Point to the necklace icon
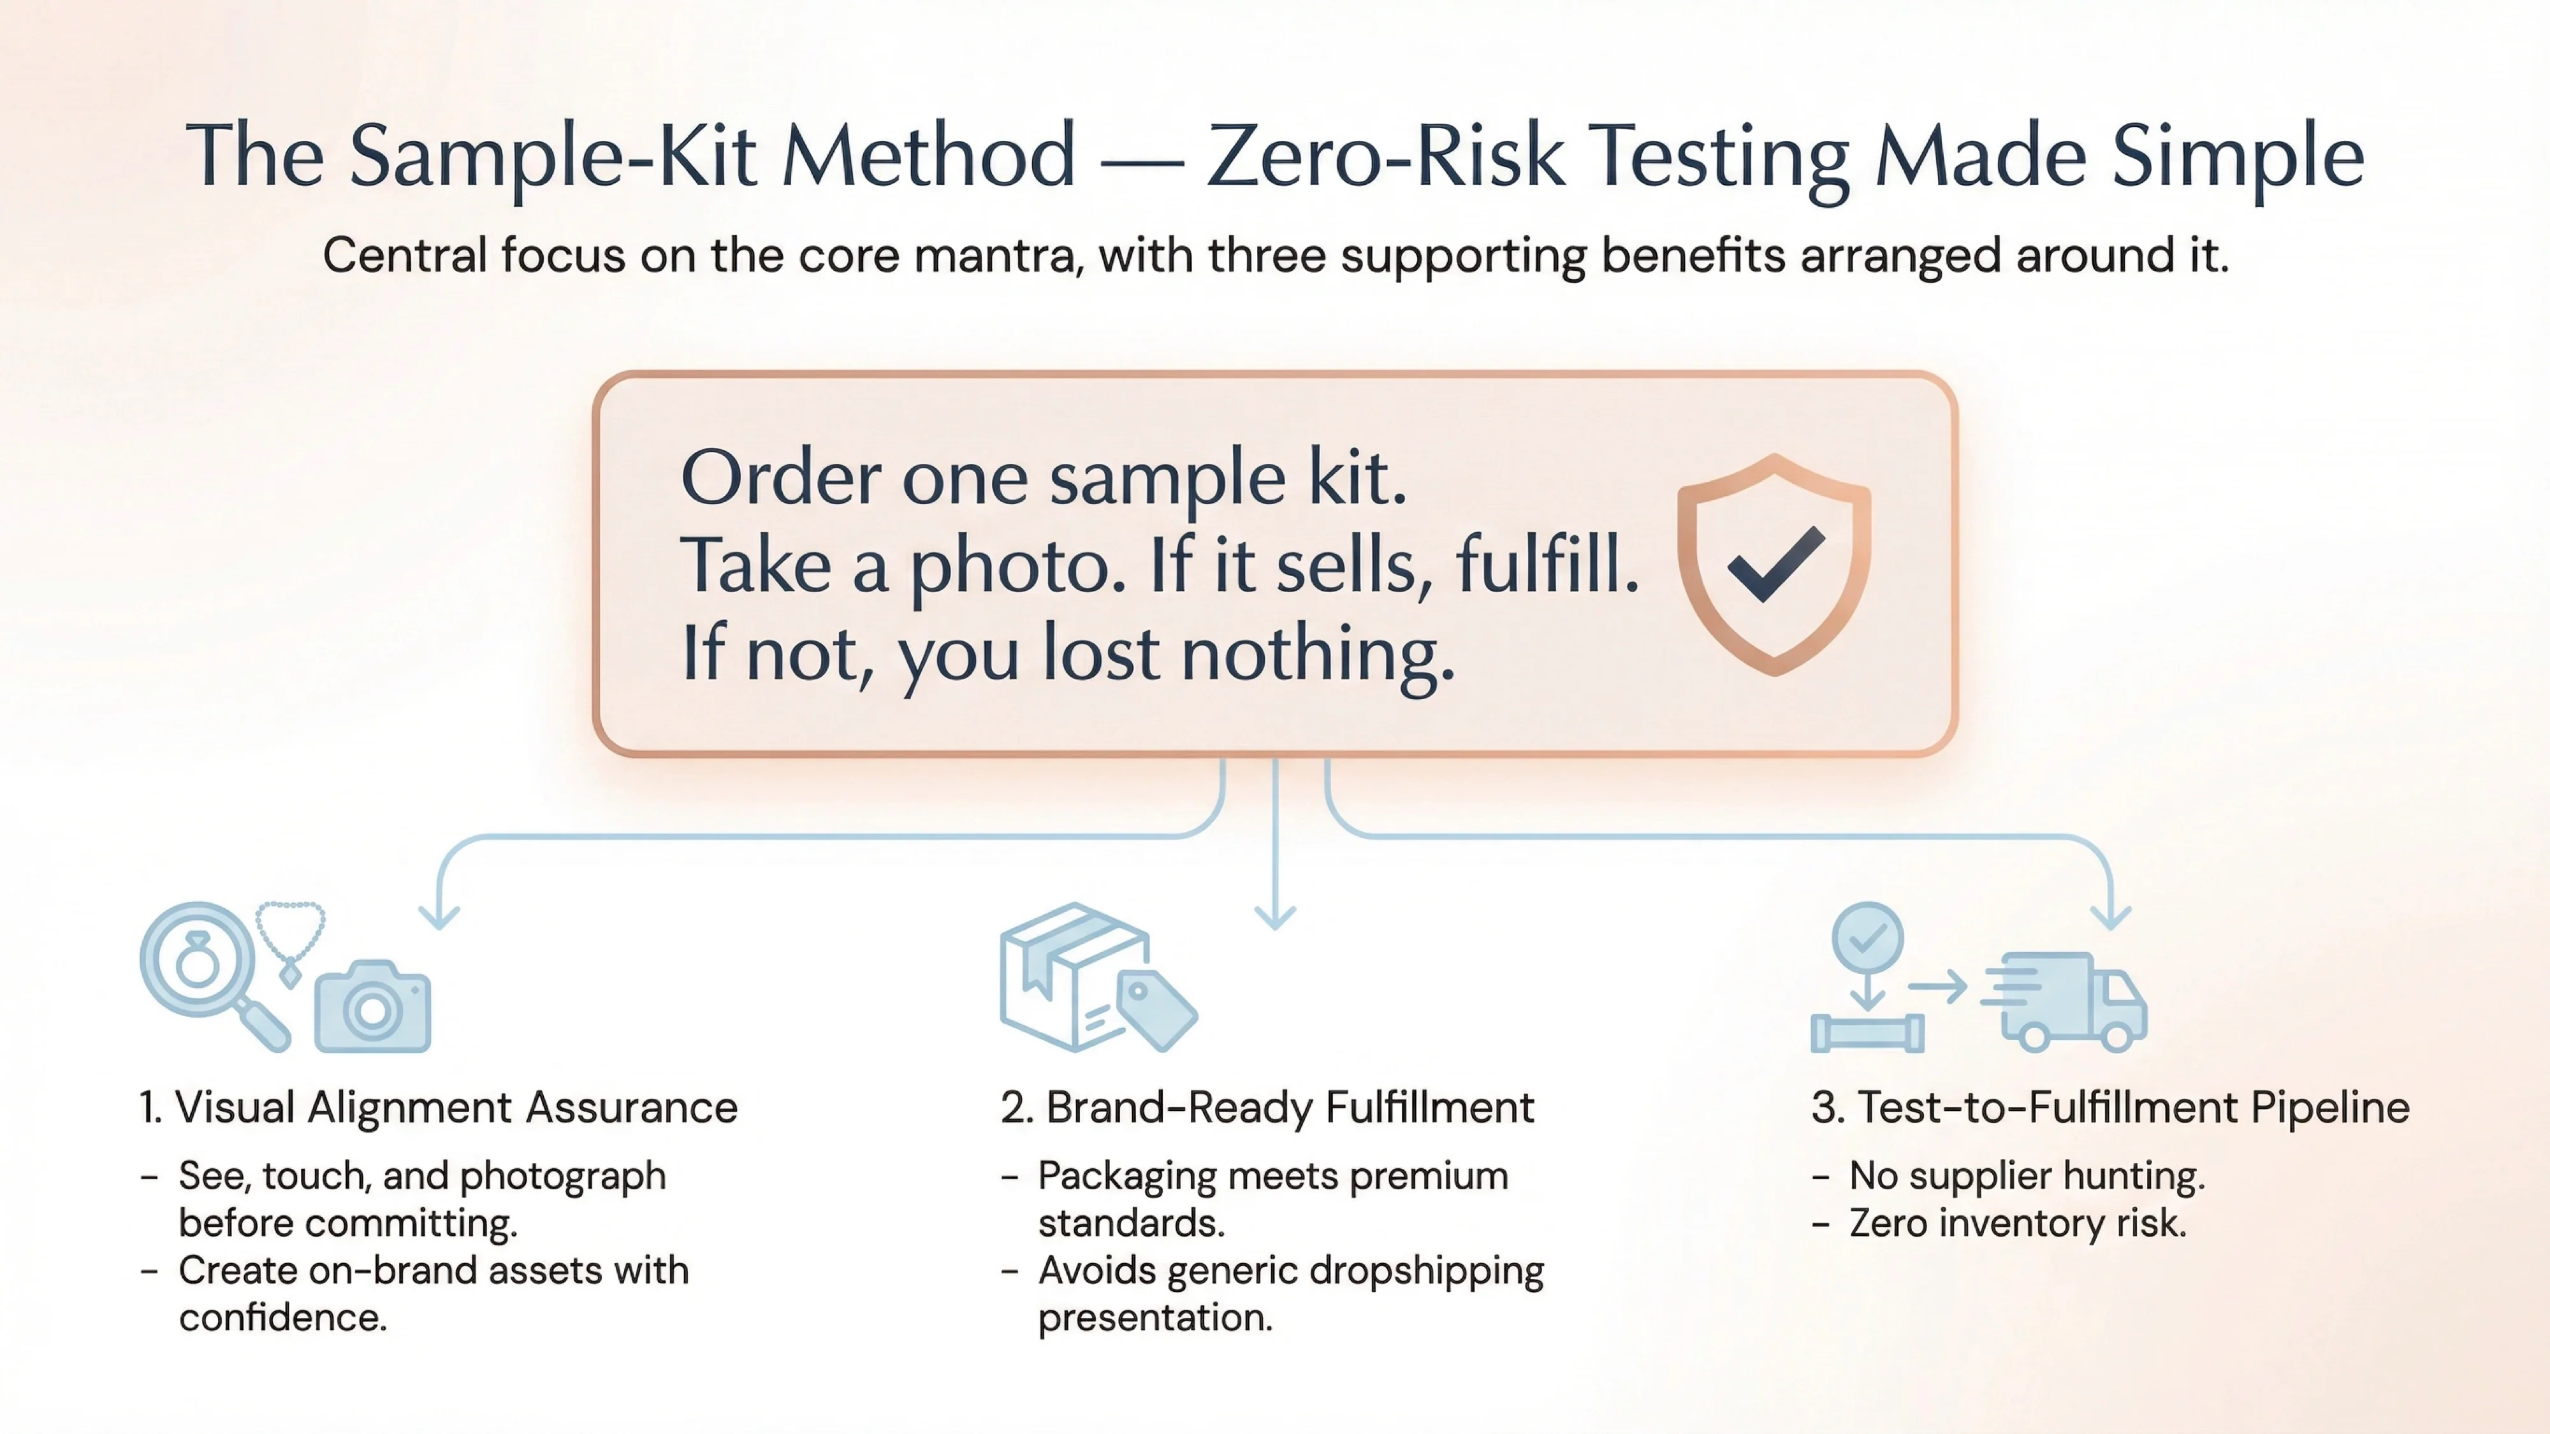pos(290,940)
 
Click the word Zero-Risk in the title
pos(1386,156)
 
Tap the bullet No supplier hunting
pos(2027,1176)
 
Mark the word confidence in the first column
pos(282,1317)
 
